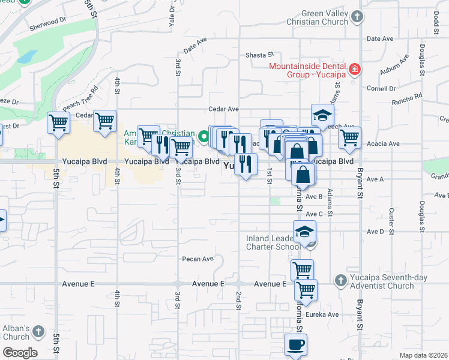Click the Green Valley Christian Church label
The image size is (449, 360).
tap(308, 17)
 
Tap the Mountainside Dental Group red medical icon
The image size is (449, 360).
tap(355, 70)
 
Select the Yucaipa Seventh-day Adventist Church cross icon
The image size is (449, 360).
tap(340, 280)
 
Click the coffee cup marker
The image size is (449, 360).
tap(295, 345)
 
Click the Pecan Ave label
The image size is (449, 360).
tap(198, 259)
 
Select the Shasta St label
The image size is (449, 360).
tap(259, 55)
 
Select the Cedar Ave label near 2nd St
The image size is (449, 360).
tap(223, 109)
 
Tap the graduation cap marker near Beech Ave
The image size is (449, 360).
tap(322, 115)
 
